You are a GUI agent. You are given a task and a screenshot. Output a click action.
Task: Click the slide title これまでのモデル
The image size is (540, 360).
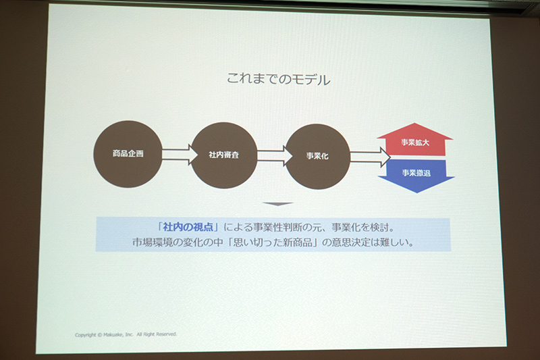click(x=278, y=80)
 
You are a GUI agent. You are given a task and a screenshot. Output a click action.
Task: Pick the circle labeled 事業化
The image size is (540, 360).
click(x=317, y=157)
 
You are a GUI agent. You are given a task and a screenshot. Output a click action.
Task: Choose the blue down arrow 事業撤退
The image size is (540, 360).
click(x=415, y=174)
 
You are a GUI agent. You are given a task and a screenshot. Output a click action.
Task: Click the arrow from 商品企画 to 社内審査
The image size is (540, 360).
click(x=176, y=155)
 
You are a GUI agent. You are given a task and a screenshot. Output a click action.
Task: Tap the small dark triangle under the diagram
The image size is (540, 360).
click(x=277, y=203)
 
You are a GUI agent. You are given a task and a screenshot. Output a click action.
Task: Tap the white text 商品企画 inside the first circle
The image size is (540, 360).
click(x=128, y=154)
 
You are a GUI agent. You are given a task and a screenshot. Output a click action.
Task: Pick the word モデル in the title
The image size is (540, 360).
click(x=313, y=80)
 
